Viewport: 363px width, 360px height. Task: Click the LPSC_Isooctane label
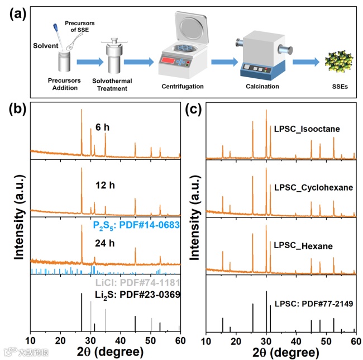point(307,130)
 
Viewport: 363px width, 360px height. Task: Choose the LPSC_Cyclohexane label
point(313,188)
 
